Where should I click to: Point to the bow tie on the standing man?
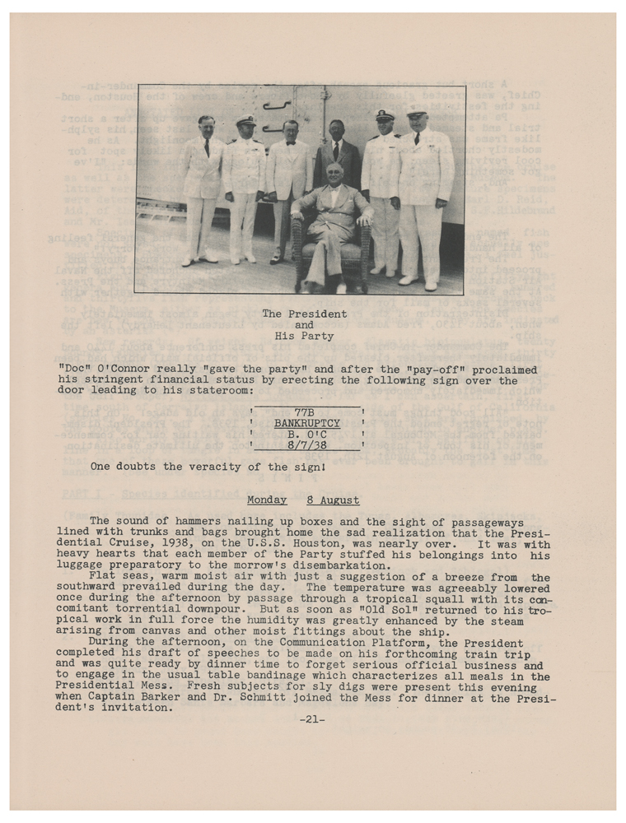coord(290,142)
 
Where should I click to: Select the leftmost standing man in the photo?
coord(202,185)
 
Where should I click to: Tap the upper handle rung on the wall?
coord(277,105)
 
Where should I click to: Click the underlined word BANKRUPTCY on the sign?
coord(306,423)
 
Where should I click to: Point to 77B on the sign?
coord(306,411)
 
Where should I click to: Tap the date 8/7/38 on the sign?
coord(306,445)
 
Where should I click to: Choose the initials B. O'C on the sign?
coord(306,434)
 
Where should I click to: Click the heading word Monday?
coord(267,500)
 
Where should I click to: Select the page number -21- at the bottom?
coord(312,719)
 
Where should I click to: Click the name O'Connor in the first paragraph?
coord(124,370)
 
